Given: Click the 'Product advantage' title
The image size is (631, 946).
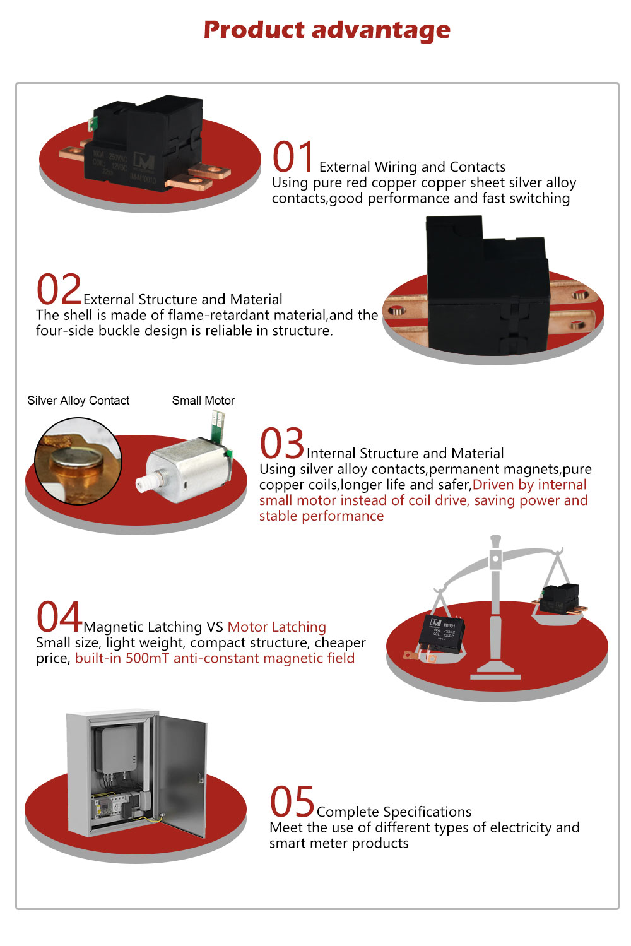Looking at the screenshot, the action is (x=327, y=30).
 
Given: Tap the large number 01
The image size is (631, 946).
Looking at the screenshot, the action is (x=293, y=157).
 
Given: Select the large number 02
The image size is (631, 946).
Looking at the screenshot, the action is (x=58, y=289).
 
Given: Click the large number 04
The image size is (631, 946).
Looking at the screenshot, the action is (x=59, y=616).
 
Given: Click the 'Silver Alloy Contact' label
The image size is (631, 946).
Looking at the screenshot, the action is (x=78, y=400).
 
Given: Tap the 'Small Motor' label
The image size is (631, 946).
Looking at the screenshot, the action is (x=203, y=400).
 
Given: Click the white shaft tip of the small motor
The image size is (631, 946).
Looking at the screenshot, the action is (x=144, y=483).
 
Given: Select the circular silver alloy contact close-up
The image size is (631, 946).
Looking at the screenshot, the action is (x=78, y=461).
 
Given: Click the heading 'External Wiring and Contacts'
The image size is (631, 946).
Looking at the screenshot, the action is (x=412, y=167).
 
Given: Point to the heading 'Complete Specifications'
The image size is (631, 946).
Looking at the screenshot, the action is (x=394, y=812).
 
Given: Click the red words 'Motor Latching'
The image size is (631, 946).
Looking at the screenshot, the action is (x=276, y=627).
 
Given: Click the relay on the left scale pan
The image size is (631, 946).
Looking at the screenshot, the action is (x=440, y=637).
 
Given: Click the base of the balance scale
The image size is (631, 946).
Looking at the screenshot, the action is (x=495, y=671).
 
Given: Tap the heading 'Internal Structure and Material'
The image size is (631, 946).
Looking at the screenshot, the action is (x=405, y=453).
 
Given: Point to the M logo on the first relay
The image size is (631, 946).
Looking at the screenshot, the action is (x=144, y=160).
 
